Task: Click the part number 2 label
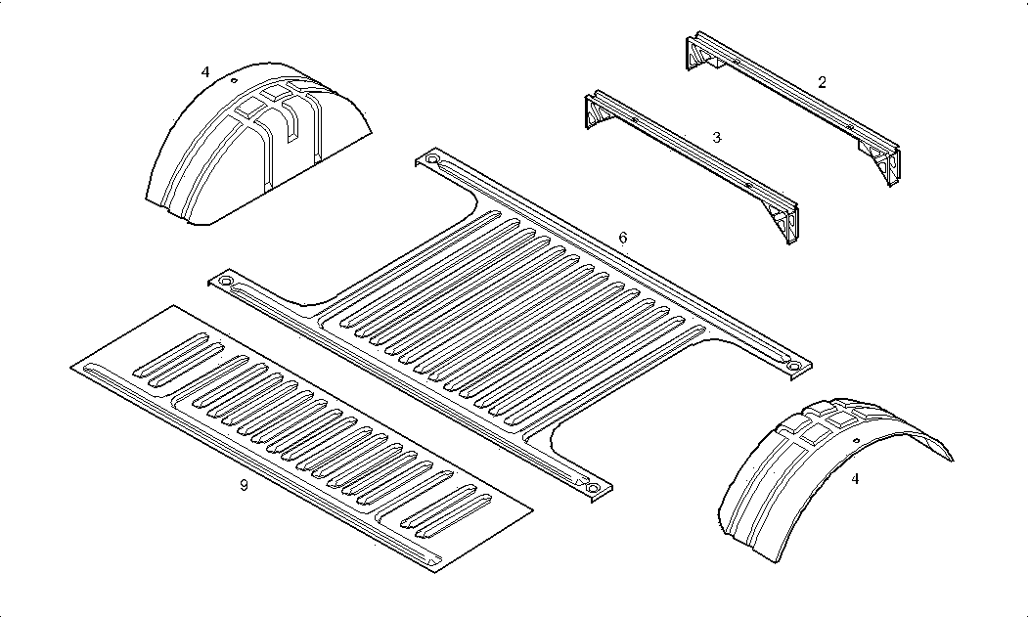(822, 82)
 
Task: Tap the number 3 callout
(716, 138)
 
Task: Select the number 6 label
(623, 238)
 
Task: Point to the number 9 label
(243, 485)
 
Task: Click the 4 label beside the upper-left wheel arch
(204, 71)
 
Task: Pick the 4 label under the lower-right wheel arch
(856, 479)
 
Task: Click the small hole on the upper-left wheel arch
(235, 81)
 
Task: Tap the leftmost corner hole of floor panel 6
(226, 282)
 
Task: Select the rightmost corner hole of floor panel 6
(793, 366)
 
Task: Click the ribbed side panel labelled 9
(303, 440)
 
